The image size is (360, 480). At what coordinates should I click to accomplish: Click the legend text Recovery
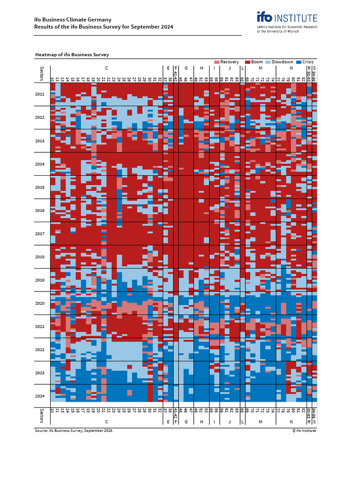coord(230,62)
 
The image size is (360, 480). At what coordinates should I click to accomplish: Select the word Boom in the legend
coord(257,62)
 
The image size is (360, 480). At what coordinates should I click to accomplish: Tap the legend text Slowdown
coord(283,62)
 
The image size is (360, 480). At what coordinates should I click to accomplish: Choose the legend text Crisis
coord(308,62)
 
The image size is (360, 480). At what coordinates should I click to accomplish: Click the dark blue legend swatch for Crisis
coord(299,62)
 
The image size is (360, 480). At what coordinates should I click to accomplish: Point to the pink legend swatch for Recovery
coord(217,62)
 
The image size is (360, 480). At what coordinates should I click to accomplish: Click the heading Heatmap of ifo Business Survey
coord(72,55)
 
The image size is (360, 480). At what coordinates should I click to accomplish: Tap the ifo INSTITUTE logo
coord(287,18)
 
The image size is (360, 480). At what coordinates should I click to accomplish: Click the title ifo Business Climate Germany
coord(73,20)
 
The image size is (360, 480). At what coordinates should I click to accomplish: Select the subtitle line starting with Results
coord(104,27)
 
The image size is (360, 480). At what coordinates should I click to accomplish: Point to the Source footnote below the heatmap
coord(74,430)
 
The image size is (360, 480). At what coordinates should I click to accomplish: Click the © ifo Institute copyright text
coord(304,430)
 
